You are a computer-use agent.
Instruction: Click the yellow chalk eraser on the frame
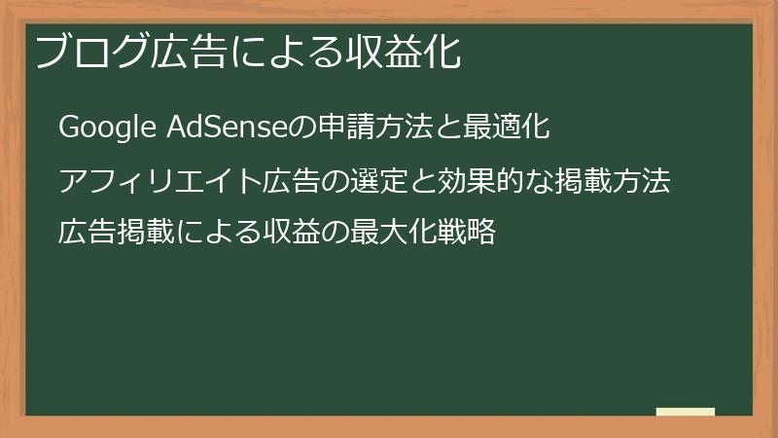coord(685,413)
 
